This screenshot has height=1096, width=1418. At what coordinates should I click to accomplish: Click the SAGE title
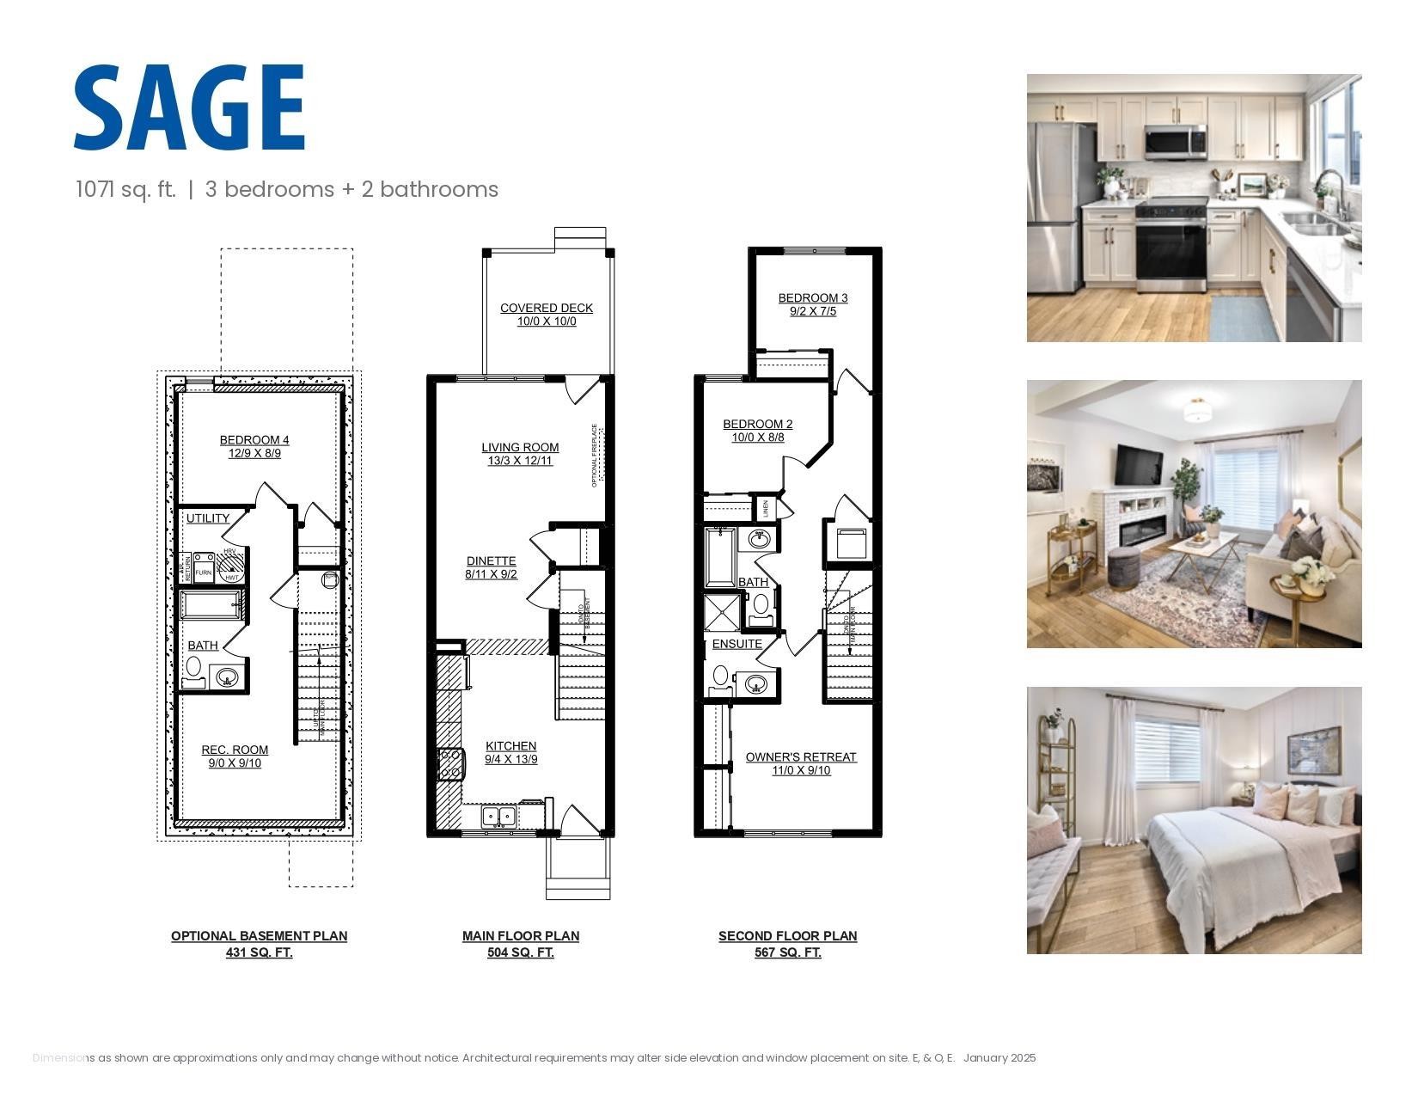point(189,107)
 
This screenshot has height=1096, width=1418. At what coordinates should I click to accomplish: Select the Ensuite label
point(737,644)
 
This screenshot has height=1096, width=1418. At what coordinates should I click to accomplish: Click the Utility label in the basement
point(208,518)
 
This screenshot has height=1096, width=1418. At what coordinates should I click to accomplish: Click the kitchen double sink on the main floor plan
point(498,816)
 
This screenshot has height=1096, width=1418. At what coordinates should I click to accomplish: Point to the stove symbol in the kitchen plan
point(450,763)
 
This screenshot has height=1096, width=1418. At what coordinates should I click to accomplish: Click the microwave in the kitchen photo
point(1175,142)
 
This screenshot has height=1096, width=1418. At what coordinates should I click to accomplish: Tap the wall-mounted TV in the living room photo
point(1139,465)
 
